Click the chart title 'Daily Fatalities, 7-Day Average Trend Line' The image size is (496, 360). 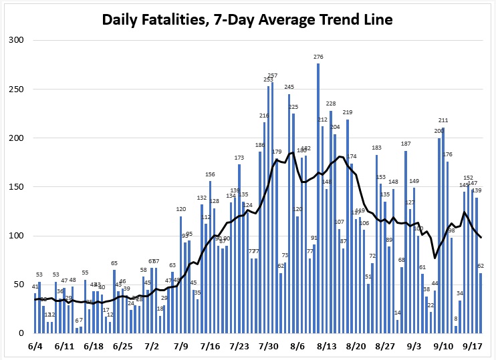[x=247, y=19]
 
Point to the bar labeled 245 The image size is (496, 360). [x=289, y=214]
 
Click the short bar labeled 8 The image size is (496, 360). [x=456, y=329]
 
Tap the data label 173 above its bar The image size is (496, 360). [x=239, y=158]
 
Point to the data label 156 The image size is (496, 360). [x=210, y=174]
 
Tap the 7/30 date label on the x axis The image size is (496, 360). [x=269, y=347]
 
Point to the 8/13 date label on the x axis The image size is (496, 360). [x=327, y=347]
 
